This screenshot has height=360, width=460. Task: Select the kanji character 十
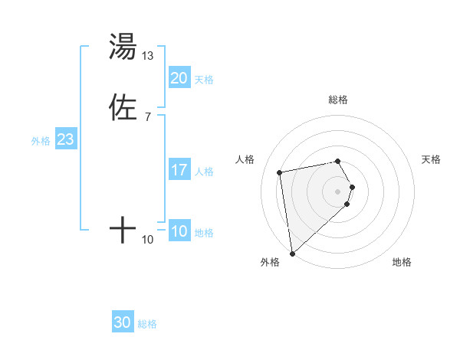[123, 230]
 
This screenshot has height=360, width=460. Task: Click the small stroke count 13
[148, 56]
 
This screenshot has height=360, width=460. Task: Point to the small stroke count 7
[147, 117]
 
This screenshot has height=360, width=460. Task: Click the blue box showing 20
[179, 77]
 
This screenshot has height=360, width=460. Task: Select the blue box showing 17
[179, 170]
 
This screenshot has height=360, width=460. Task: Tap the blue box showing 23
[65, 139]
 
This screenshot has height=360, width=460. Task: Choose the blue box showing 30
[123, 322]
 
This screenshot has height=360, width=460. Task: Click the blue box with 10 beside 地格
[179, 231]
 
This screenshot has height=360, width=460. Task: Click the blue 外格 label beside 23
[41, 141]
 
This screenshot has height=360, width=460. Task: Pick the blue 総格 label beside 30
[148, 324]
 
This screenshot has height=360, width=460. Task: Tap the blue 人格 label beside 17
[205, 172]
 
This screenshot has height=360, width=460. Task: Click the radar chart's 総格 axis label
[338, 100]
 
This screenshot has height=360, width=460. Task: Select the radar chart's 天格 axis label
[431, 159]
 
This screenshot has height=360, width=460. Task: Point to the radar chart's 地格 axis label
[402, 262]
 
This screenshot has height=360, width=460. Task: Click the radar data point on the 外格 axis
[292, 254]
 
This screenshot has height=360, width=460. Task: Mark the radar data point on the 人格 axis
[280, 172]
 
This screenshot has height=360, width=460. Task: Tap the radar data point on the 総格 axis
[338, 161]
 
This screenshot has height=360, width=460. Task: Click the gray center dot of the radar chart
[338, 191]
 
